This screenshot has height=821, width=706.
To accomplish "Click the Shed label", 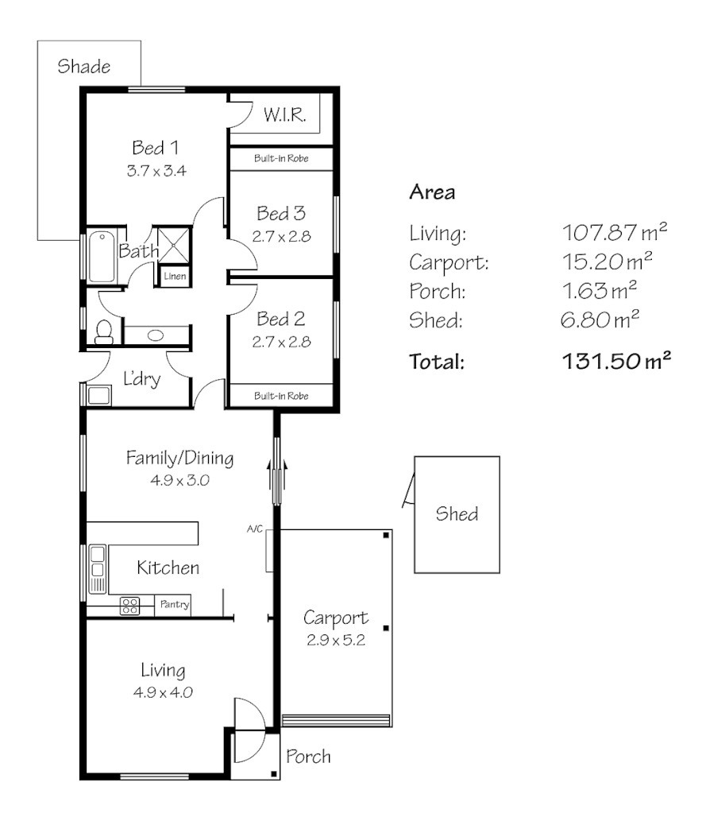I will pos(457,514).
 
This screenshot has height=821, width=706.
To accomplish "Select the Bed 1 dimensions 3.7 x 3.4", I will pos(155,170).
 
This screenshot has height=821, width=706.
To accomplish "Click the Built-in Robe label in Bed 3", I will pos(280,159).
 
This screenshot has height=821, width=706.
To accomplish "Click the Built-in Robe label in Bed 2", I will pos(280,395).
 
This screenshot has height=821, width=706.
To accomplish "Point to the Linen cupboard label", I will pos(176,276).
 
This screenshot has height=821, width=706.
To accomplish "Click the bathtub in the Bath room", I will pos(102,256).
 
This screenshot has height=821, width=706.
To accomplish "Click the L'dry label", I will pos(142,379).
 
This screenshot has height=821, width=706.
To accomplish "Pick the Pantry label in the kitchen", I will pos(174,605).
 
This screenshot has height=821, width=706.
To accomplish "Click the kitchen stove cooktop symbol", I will pos(129,606).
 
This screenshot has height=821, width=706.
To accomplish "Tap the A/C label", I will pos(254,529).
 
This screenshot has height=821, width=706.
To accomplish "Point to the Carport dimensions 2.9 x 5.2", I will pos(336,641).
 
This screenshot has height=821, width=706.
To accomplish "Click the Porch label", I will pos(308,757).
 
